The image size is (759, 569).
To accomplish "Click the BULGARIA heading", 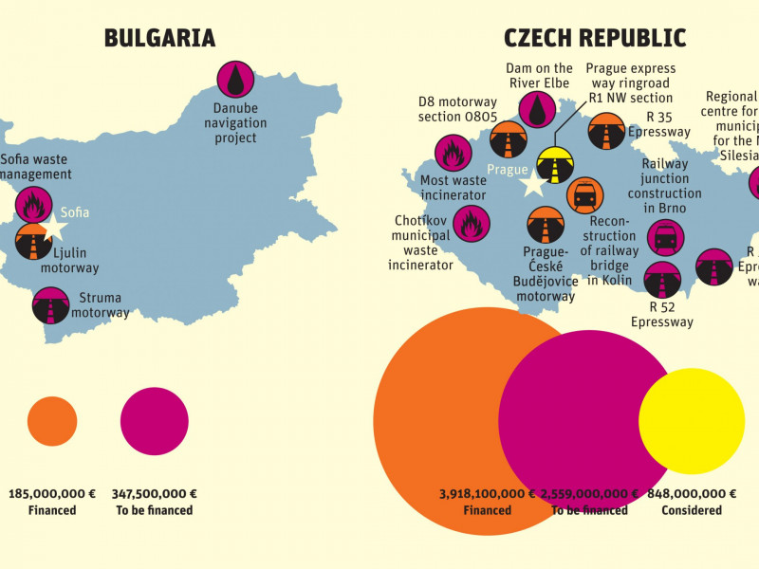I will pos(159,38).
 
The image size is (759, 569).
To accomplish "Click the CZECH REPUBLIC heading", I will pos(595,38).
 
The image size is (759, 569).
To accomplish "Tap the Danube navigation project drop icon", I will pos(235,78).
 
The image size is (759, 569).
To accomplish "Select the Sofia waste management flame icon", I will pos(34,205).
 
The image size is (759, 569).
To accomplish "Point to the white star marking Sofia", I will pos(55,227).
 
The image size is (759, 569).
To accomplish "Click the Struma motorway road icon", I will pos(49,305).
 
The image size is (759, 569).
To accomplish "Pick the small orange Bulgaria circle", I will pos(52,421).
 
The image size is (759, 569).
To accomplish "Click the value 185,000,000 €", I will pos(52,493).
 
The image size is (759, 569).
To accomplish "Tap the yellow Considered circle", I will pos(685,421).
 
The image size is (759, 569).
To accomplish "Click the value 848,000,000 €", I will pos(692,493).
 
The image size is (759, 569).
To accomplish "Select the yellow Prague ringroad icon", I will pos(554,163).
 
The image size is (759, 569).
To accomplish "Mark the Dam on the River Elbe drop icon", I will pos(539,109).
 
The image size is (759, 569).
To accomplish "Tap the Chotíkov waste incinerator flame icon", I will pos(471,225).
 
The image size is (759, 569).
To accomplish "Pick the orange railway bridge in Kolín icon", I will pos(584,195).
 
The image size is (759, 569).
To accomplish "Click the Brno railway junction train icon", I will pos(664,237).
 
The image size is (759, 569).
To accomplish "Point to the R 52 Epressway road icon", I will pos(661,281).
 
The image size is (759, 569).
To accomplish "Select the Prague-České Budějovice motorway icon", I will pos(546,225).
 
